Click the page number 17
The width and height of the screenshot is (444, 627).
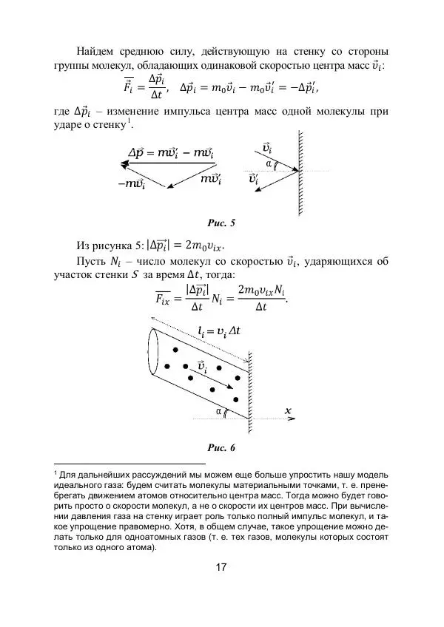(x=221, y=567)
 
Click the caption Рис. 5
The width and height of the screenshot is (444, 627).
(x=221, y=221)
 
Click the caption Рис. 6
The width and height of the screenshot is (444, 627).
(x=221, y=447)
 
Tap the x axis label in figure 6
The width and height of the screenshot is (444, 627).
(x=286, y=410)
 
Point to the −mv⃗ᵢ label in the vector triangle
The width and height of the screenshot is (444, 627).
(x=131, y=184)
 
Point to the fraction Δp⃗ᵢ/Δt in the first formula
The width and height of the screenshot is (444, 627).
(x=156, y=86)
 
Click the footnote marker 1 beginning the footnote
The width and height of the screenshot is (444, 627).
(x=55, y=472)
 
